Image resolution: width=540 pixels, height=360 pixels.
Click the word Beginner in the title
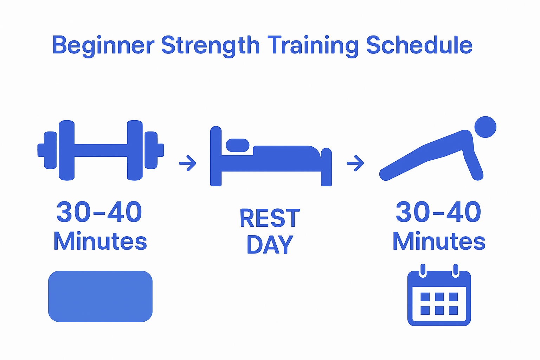(103, 45)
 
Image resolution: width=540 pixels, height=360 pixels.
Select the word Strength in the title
(210, 45)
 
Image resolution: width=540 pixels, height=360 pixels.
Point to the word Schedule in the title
(419, 45)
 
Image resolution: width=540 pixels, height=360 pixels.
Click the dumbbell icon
(101, 150)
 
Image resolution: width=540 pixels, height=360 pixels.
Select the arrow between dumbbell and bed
(187, 163)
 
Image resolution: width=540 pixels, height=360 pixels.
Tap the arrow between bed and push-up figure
(355, 163)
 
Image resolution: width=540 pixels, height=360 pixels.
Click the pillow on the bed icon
(237, 145)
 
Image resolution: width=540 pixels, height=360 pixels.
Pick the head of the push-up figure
(485, 127)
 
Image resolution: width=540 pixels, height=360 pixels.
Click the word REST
(270, 218)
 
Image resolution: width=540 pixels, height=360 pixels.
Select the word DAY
(270, 244)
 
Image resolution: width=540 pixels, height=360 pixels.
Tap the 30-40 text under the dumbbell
(99, 212)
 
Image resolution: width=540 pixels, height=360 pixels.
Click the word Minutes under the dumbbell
(100, 241)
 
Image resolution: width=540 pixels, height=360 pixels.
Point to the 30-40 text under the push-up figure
(438, 212)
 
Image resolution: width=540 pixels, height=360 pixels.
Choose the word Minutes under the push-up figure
(439, 241)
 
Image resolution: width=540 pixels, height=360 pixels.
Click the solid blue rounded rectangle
(100, 296)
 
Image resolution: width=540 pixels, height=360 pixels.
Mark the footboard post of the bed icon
(327, 167)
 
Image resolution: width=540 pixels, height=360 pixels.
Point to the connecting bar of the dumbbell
(101, 150)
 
